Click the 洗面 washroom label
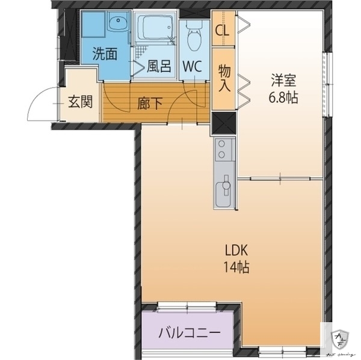[105, 53]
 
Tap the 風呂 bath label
[157, 65]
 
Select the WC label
[193, 65]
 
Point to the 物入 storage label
[224, 78]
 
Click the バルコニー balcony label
[187, 332]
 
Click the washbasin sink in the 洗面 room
[117, 24]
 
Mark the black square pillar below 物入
[223, 123]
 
